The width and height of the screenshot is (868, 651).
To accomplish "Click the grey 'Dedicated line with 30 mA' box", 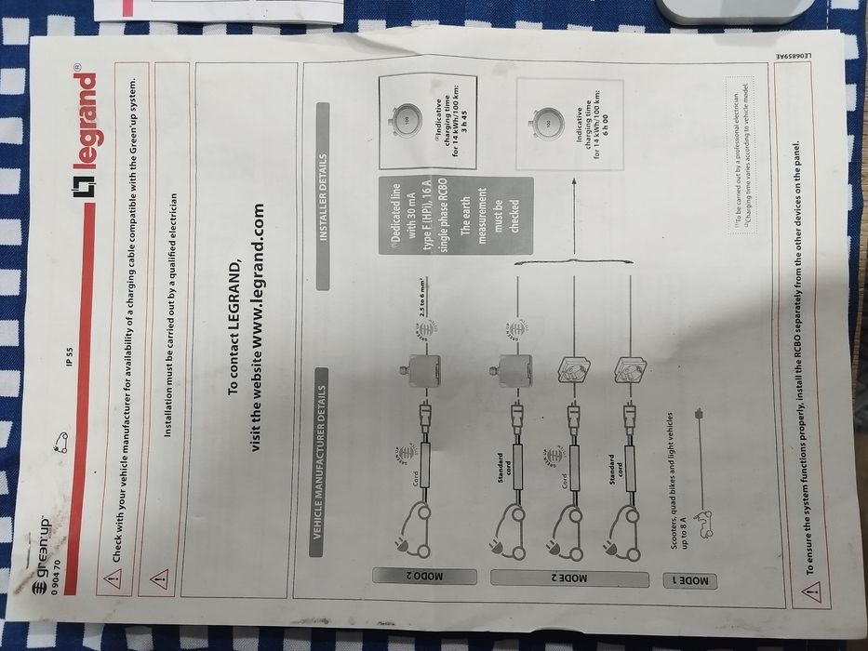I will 455,216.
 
